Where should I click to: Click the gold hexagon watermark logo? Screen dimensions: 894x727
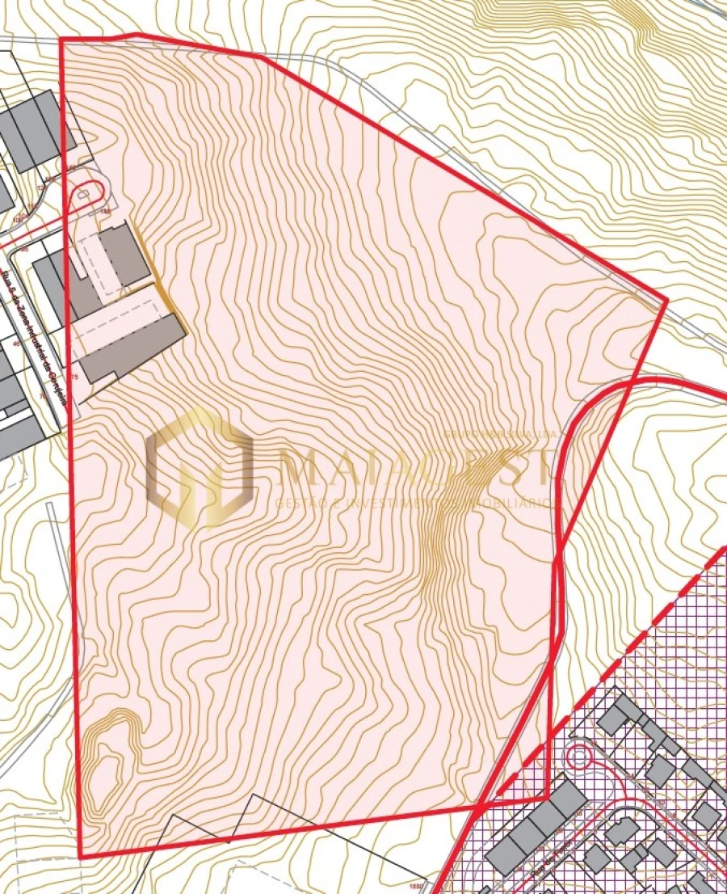(200, 467)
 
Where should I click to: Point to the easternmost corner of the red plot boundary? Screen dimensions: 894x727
(667, 301)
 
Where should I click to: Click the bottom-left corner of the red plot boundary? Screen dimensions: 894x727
(81, 857)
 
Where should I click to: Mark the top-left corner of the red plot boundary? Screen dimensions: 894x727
(61, 40)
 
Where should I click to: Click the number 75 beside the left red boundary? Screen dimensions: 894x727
(74, 377)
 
